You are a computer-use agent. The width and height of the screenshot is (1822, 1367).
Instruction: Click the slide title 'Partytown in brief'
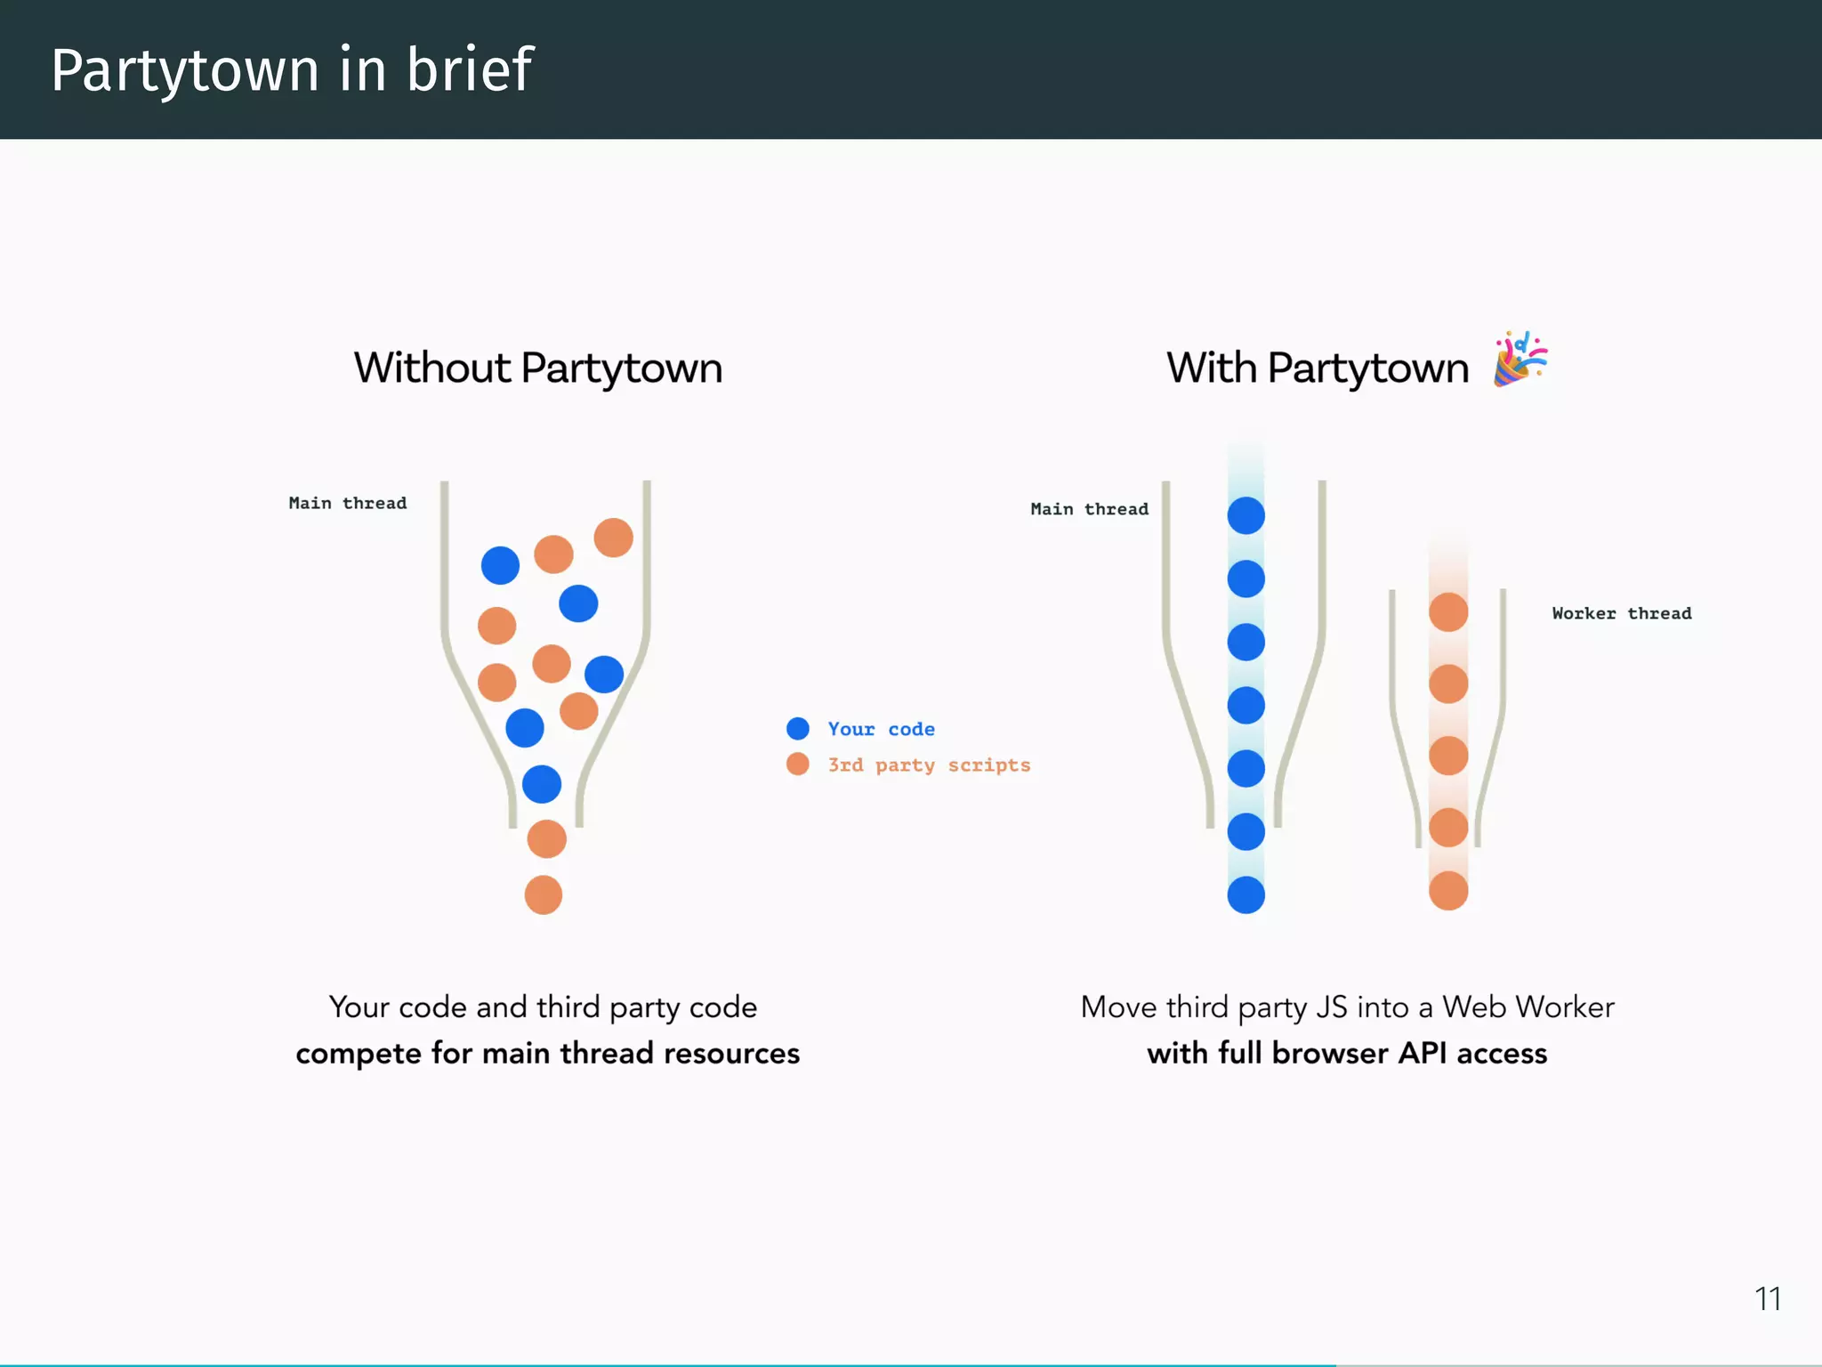(x=292, y=70)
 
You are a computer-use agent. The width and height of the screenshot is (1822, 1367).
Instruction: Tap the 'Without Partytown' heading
(x=538, y=368)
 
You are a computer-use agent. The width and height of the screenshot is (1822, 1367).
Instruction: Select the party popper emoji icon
(x=1520, y=359)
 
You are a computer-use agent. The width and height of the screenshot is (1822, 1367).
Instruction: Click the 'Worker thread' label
(x=1621, y=613)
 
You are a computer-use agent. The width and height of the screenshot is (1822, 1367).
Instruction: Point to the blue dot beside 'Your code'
(x=798, y=729)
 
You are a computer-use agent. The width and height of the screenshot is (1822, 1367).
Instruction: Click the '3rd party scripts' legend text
(x=929, y=765)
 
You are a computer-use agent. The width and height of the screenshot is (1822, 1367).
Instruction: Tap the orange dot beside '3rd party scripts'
(x=798, y=764)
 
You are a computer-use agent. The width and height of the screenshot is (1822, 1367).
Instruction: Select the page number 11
(x=1767, y=1299)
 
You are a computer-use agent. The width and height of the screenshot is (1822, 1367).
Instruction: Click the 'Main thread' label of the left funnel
(x=348, y=504)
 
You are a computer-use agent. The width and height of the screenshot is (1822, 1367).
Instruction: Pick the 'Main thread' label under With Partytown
(x=1089, y=509)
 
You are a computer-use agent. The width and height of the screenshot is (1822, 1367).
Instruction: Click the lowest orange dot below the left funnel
(x=544, y=895)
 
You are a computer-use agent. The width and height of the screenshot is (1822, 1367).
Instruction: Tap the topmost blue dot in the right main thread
(x=1246, y=516)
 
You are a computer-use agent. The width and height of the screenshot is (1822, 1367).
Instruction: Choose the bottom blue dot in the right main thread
(x=1246, y=895)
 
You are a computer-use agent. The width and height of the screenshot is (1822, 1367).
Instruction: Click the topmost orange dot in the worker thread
(x=1448, y=612)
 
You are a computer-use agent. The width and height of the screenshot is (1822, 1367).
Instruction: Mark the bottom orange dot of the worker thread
(x=1448, y=891)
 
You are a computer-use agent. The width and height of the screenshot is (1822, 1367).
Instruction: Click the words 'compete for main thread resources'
(x=547, y=1054)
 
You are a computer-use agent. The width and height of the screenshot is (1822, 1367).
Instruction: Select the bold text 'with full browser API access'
(x=1347, y=1054)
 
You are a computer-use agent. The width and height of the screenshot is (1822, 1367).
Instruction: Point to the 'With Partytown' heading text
(x=1318, y=368)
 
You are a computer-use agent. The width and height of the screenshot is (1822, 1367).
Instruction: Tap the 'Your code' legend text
(x=881, y=729)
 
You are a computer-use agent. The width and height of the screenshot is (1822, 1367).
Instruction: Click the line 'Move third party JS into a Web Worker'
(x=1347, y=1007)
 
